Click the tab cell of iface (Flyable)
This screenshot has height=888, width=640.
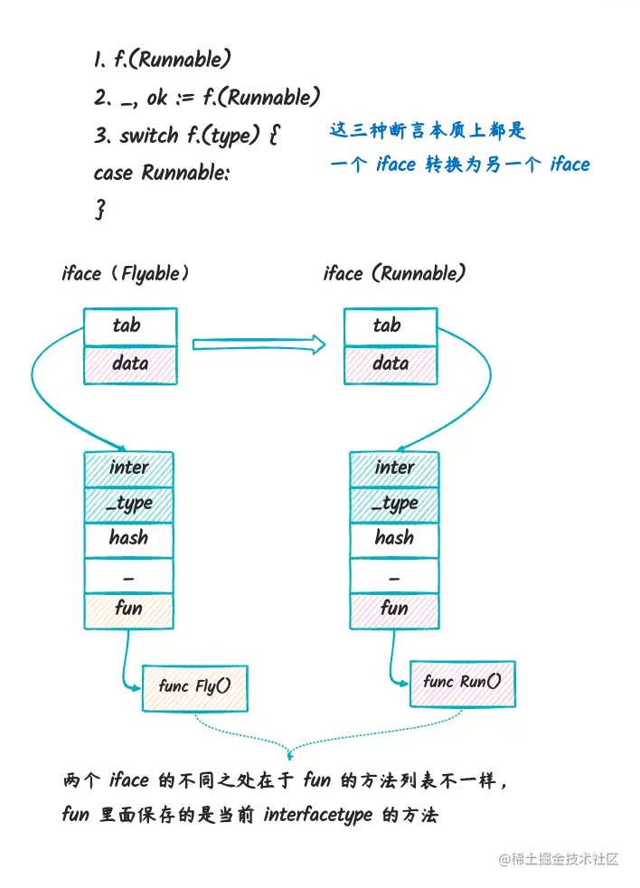coord(130,326)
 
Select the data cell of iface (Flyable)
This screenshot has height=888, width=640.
coord(130,364)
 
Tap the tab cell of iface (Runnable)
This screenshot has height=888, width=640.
coord(390,326)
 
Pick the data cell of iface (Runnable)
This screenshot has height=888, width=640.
coord(390,364)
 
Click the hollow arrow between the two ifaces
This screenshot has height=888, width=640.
coord(259,343)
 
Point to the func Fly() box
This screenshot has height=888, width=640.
coord(194,686)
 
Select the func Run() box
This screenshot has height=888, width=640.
coord(462,682)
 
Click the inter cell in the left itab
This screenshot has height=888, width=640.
coord(128,468)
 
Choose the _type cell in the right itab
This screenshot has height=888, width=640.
coord(394,503)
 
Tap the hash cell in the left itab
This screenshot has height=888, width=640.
coord(128,538)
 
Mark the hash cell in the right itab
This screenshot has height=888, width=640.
coord(394,538)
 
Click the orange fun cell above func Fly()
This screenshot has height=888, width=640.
coord(128,609)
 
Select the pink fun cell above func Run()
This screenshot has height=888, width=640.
coord(394,609)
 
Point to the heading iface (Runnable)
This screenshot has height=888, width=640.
coord(394,273)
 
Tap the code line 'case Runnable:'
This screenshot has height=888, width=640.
coord(162,172)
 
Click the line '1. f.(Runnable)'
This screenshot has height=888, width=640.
coord(162,61)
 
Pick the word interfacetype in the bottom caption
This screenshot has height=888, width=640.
coord(318,815)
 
